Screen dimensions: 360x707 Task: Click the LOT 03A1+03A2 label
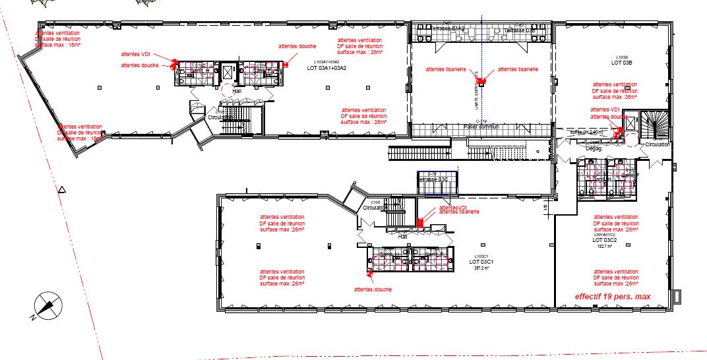point(326,68)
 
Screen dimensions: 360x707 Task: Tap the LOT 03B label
point(621,63)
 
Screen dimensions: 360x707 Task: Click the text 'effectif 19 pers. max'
point(613,297)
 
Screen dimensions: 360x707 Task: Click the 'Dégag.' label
point(594,149)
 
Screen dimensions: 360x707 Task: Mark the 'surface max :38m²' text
point(615,96)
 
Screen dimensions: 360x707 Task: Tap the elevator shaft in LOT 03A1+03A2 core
point(229,72)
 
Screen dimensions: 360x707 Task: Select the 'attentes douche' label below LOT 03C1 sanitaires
point(373,289)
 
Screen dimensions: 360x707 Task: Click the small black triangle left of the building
point(61,190)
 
